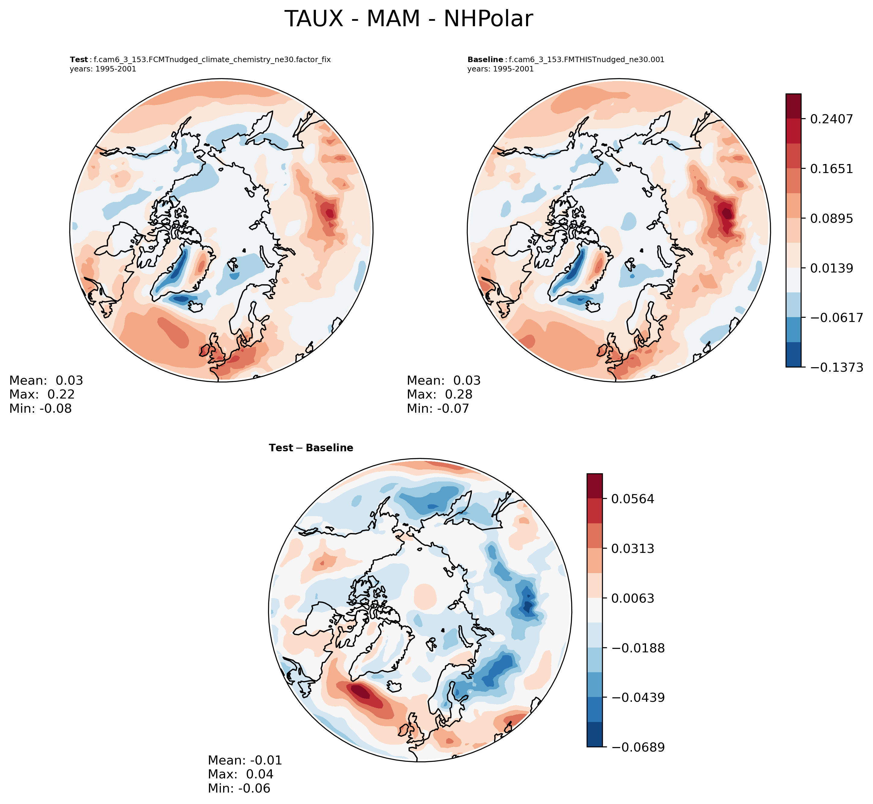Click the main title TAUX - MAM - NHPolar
(x=408, y=20)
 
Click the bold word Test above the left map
(x=79, y=60)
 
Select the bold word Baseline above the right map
(x=485, y=60)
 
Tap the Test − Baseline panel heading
(x=311, y=448)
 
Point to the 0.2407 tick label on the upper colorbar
(x=831, y=119)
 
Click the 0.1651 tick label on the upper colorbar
(x=831, y=169)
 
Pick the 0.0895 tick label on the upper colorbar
(x=831, y=218)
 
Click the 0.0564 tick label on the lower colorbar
(x=632, y=499)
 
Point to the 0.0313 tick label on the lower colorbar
(x=632, y=549)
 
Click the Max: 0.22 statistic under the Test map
(x=42, y=395)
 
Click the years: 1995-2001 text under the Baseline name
(x=500, y=69)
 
